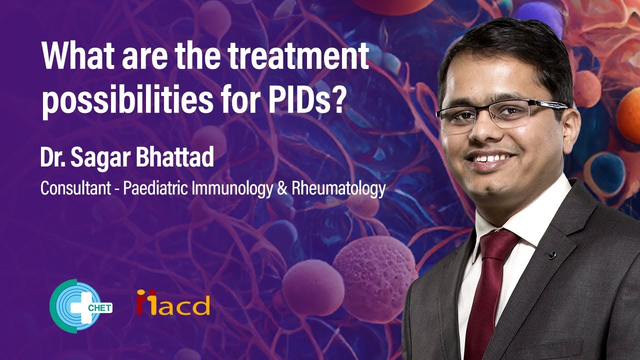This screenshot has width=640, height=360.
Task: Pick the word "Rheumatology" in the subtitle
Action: pos(340,189)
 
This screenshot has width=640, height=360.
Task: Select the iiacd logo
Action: pos(173,302)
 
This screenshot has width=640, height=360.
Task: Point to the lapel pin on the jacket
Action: pos(551,255)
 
